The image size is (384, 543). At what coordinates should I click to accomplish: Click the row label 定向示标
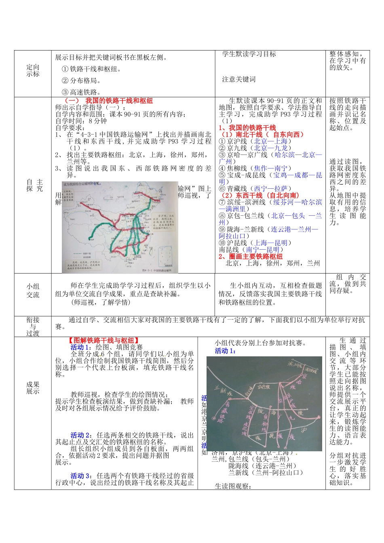(x=33, y=71)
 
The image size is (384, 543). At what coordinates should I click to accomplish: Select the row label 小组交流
(x=33, y=290)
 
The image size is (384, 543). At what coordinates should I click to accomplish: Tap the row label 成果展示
(x=33, y=388)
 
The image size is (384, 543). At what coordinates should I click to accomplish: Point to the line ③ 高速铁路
(x=81, y=92)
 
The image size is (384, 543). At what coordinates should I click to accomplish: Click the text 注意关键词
(x=239, y=80)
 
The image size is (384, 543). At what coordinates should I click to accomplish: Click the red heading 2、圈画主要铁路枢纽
(x=251, y=256)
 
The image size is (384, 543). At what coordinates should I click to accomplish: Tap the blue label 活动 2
(x=80, y=435)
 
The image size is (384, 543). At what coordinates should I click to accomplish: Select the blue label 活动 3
(x=80, y=476)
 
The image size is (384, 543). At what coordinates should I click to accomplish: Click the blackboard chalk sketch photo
(x=264, y=403)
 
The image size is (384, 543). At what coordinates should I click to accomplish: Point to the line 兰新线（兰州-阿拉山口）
(x=266, y=472)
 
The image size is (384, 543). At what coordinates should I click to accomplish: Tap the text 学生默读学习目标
(x=249, y=54)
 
